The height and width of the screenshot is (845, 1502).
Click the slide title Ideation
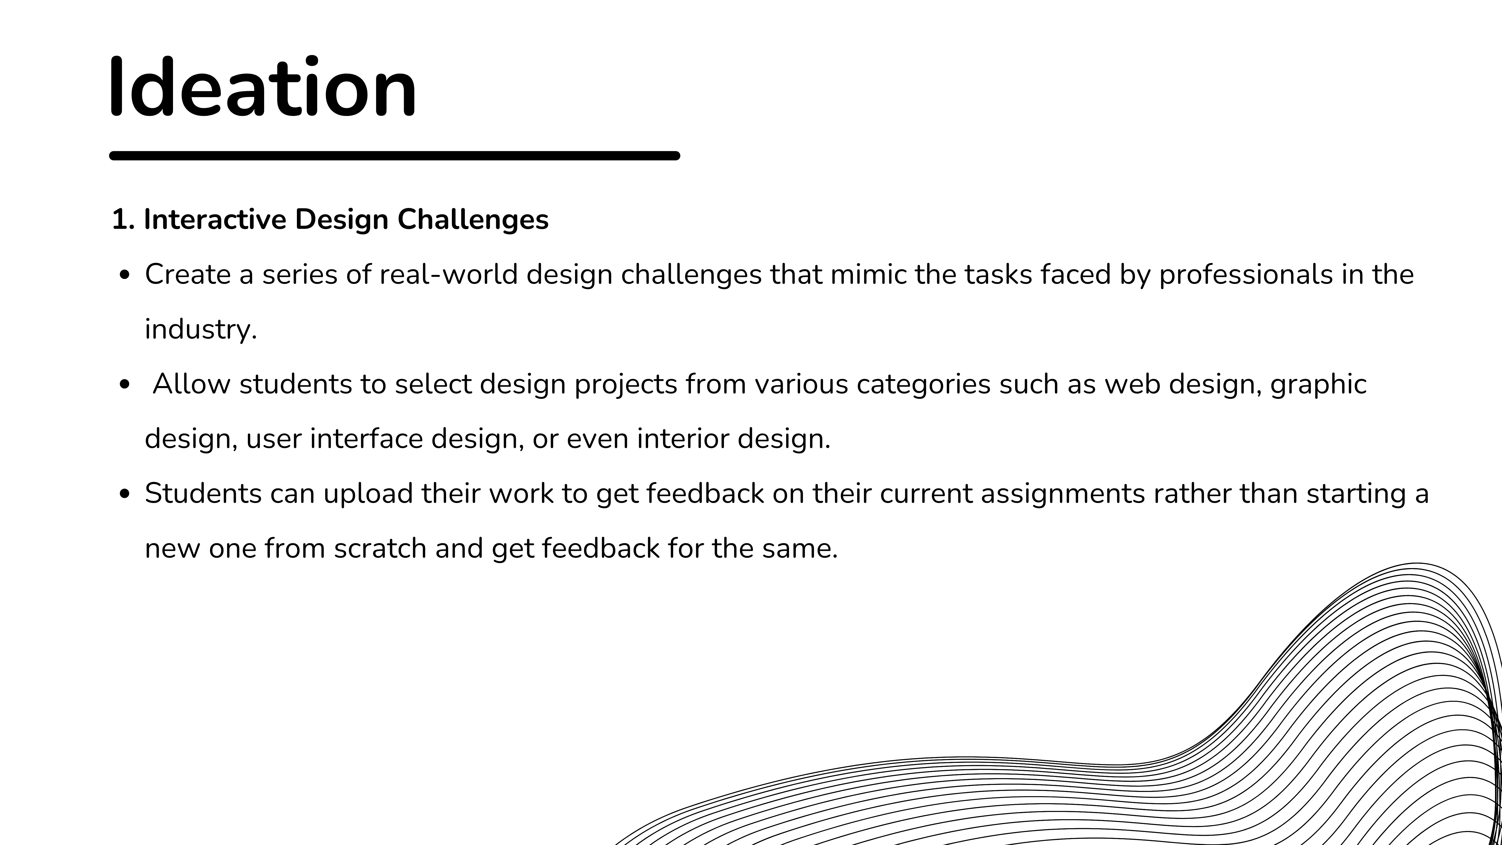point(263,87)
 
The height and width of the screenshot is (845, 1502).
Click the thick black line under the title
point(395,156)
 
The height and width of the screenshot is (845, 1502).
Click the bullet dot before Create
point(124,275)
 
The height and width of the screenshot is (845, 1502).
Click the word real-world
point(448,274)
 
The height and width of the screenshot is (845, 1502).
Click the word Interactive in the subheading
point(215,219)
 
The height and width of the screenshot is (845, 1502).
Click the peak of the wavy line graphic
point(1417,563)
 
